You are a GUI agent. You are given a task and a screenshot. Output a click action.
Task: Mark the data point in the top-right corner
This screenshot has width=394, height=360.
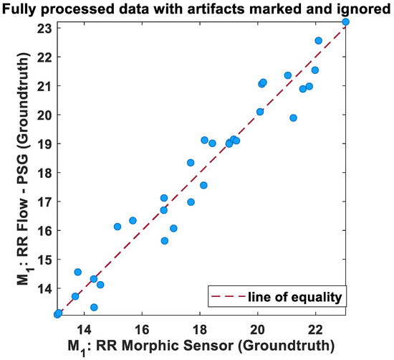[x=346, y=22]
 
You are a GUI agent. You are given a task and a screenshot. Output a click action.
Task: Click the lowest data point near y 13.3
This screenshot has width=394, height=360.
[x=94, y=307]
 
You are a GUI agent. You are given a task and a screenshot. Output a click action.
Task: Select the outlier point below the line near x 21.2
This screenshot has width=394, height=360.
[x=293, y=118]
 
